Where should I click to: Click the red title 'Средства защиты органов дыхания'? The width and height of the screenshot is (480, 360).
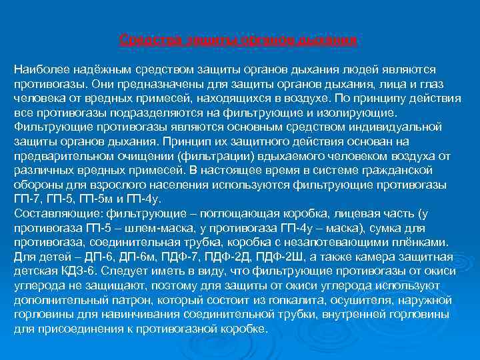coord(239,39)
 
